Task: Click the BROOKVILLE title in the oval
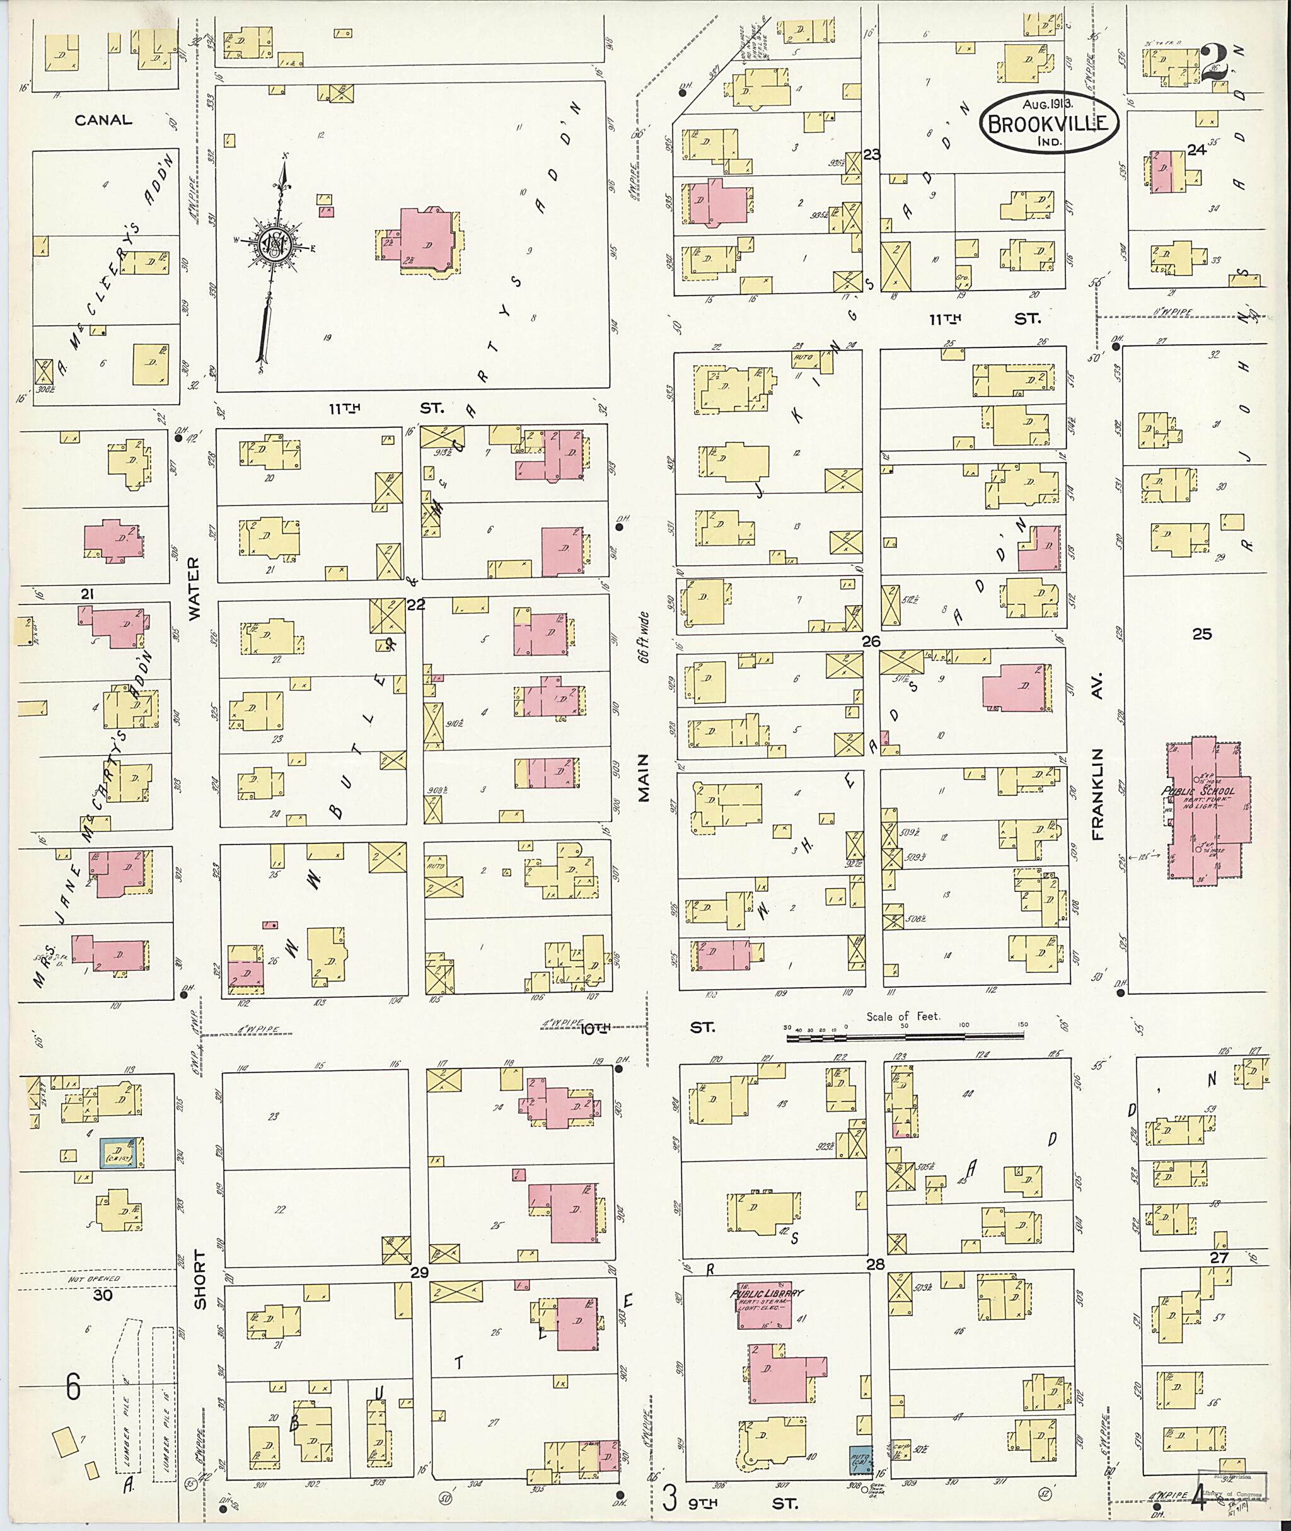[1049, 124]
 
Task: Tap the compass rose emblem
[273, 245]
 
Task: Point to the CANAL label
[103, 120]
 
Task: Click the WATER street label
[194, 589]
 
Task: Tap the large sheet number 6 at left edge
[72, 1387]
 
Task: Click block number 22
[415, 604]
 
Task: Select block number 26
[871, 641]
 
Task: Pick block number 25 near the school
[1201, 634]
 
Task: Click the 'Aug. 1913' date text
[1048, 105]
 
